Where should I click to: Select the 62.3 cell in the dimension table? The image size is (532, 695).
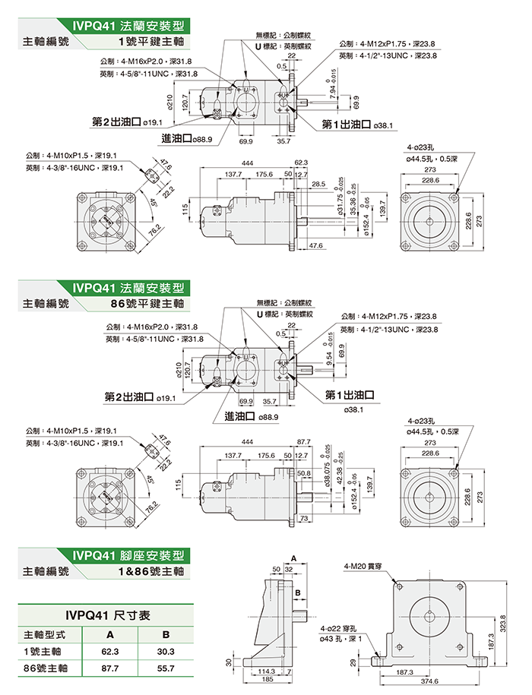(110, 651)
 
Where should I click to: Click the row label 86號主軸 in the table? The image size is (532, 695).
(45, 668)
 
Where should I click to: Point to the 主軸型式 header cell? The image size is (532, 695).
(45, 633)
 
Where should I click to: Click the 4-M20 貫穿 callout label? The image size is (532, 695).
(363, 566)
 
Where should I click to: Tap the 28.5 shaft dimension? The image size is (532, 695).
(318, 184)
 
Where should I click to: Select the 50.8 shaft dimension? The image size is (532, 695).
(304, 472)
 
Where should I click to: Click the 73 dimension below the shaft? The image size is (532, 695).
(304, 517)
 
